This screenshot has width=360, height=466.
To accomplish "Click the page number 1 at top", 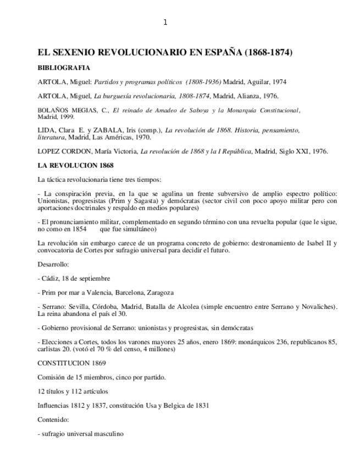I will point(165,22).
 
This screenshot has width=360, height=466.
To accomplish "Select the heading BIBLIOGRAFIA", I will point(64,68).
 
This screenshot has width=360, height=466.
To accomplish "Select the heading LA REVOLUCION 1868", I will point(75,165).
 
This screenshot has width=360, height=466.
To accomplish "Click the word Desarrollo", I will point(53,264).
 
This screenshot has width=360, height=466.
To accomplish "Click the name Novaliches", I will point(318,307).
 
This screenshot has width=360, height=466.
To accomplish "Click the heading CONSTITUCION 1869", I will point(71,363).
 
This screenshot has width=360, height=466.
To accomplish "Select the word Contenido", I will point(53,420).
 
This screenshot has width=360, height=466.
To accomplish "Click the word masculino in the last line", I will point(107,434).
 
